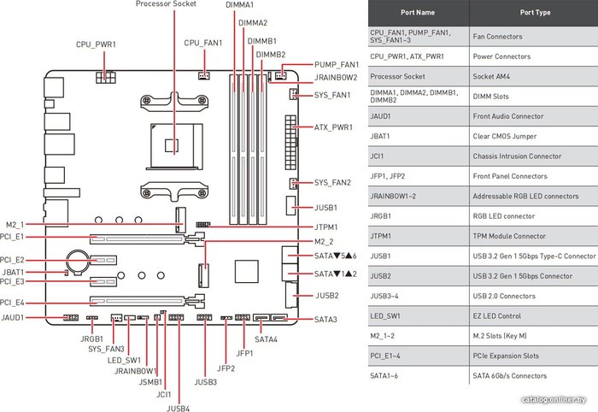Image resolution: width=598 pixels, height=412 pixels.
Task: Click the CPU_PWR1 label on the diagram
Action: (x=96, y=44)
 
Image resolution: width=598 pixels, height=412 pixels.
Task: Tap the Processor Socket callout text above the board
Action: (x=166, y=4)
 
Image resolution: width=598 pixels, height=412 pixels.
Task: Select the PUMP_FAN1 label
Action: (x=337, y=64)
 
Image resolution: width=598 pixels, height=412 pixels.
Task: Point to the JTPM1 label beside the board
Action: (x=325, y=227)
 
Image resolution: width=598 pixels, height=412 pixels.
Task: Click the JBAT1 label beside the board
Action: (x=13, y=273)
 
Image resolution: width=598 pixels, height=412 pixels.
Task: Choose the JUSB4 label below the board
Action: (x=178, y=409)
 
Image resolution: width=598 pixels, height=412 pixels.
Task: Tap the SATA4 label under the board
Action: (x=267, y=339)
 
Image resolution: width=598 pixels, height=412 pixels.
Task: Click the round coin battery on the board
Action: (x=78, y=262)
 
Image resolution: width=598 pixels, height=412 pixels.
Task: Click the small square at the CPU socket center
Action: (x=172, y=145)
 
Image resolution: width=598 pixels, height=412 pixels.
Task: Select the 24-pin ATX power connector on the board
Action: (x=290, y=142)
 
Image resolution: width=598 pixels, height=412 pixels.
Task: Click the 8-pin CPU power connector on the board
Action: (x=105, y=78)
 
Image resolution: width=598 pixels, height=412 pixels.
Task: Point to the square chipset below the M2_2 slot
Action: (x=246, y=271)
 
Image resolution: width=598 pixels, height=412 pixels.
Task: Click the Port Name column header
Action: (x=418, y=13)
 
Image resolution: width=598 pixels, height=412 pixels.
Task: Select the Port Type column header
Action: (x=535, y=13)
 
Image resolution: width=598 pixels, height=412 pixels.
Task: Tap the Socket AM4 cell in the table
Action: (x=491, y=76)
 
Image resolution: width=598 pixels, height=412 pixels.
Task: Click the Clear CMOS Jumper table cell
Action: (x=505, y=136)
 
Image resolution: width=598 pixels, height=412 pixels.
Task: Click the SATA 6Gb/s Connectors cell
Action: (x=509, y=376)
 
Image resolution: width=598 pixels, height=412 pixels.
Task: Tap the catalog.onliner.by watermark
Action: (x=554, y=399)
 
